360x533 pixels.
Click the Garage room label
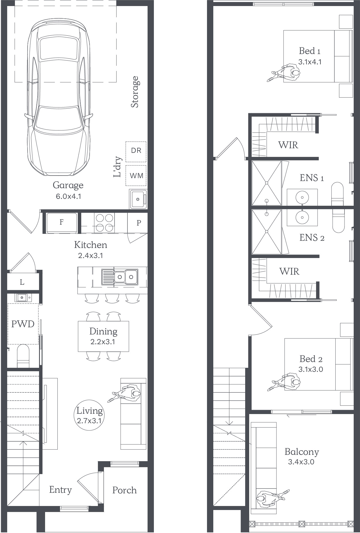(x=68, y=185)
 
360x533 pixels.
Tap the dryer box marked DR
(x=136, y=152)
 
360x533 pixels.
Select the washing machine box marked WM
(x=136, y=175)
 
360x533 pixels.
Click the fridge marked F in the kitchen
(x=62, y=223)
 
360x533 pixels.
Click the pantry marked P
(x=139, y=223)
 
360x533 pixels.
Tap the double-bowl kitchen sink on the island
(x=120, y=277)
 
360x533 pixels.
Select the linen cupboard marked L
(x=22, y=282)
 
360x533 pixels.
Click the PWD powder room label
(x=23, y=324)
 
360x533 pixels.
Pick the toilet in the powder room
(x=23, y=356)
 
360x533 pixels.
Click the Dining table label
(x=103, y=331)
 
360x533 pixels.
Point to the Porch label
(x=124, y=490)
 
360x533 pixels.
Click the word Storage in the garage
(x=135, y=92)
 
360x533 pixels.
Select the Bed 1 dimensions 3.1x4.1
(x=310, y=62)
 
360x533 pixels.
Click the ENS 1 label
(x=312, y=178)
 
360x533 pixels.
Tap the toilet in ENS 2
(x=338, y=220)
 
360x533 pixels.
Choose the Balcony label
(x=302, y=452)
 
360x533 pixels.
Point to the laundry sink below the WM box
(x=138, y=199)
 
